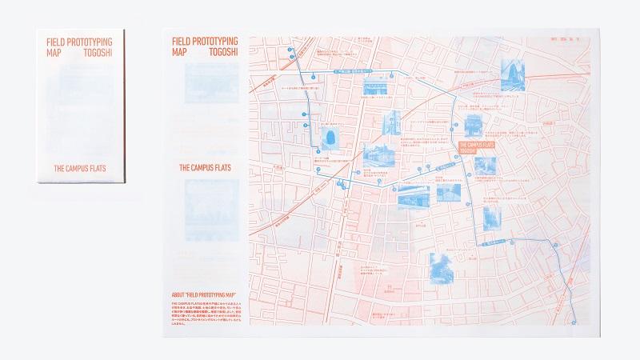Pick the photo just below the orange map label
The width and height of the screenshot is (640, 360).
click(484, 166)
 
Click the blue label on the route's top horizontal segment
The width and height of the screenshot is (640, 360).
click(350, 74)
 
